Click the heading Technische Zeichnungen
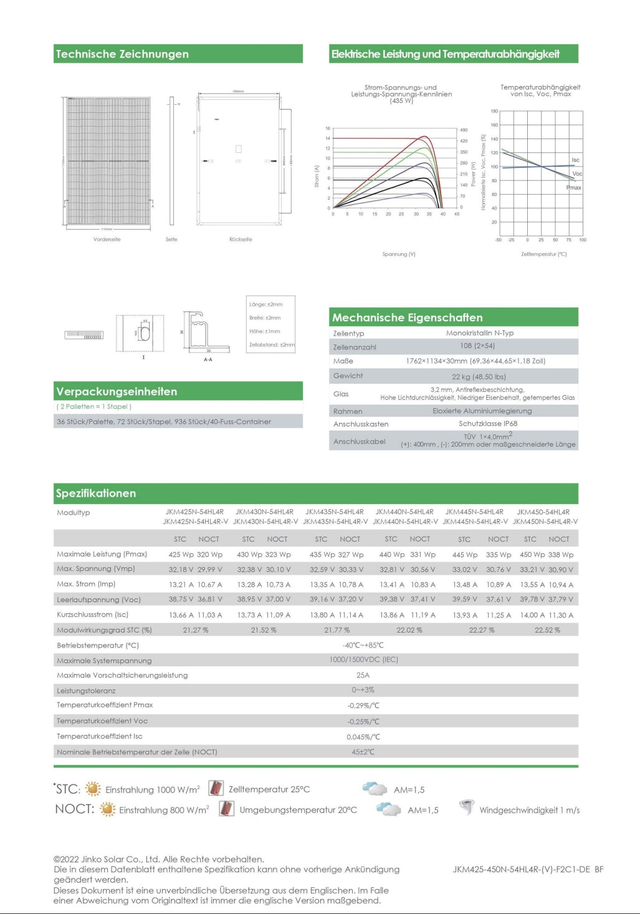click(x=122, y=54)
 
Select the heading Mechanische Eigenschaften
click(x=407, y=317)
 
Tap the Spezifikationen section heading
click(x=96, y=493)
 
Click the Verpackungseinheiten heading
click(x=117, y=391)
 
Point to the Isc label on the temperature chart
click(x=575, y=160)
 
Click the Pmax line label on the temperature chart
click(x=573, y=187)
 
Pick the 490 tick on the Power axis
click(x=464, y=130)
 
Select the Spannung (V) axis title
click(x=399, y=254)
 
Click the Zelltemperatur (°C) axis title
click(x=543, y=254)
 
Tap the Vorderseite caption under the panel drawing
click(x=107, y=239)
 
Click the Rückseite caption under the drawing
click(x=241, y=239)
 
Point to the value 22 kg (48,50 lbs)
click(x=479, y=376)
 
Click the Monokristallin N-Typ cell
click(x=480, y=333)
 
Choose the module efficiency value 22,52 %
click(x=547, y=630)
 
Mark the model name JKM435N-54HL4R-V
click(x=335, y=522)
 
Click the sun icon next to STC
click(x=93, y=789)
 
